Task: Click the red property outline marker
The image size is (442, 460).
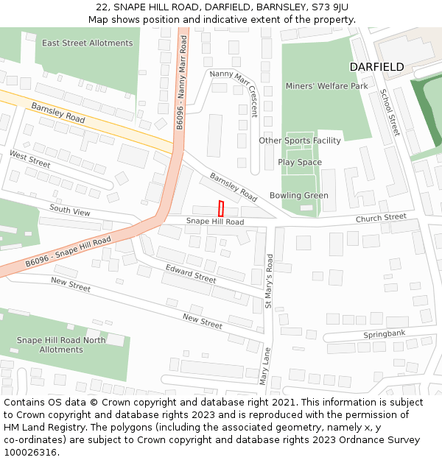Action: (220, 208)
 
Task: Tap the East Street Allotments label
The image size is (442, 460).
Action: (87, 43)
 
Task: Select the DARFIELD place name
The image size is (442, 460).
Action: (376, 67)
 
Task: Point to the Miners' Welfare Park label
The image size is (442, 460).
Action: (326, 86)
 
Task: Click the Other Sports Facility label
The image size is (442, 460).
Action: (300, 141)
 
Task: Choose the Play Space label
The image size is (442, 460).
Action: (300, 162)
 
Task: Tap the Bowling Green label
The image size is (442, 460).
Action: (299, 196)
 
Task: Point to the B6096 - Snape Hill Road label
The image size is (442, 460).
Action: (68, 252)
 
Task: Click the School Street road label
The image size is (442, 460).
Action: (390, 112)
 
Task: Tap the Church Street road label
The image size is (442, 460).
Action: (381, 218)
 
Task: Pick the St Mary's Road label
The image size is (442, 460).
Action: (269, 281)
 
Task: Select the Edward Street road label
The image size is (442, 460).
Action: (191, 274)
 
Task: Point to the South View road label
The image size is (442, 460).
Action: (70, 211)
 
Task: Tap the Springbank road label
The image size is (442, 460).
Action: (385, 335)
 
